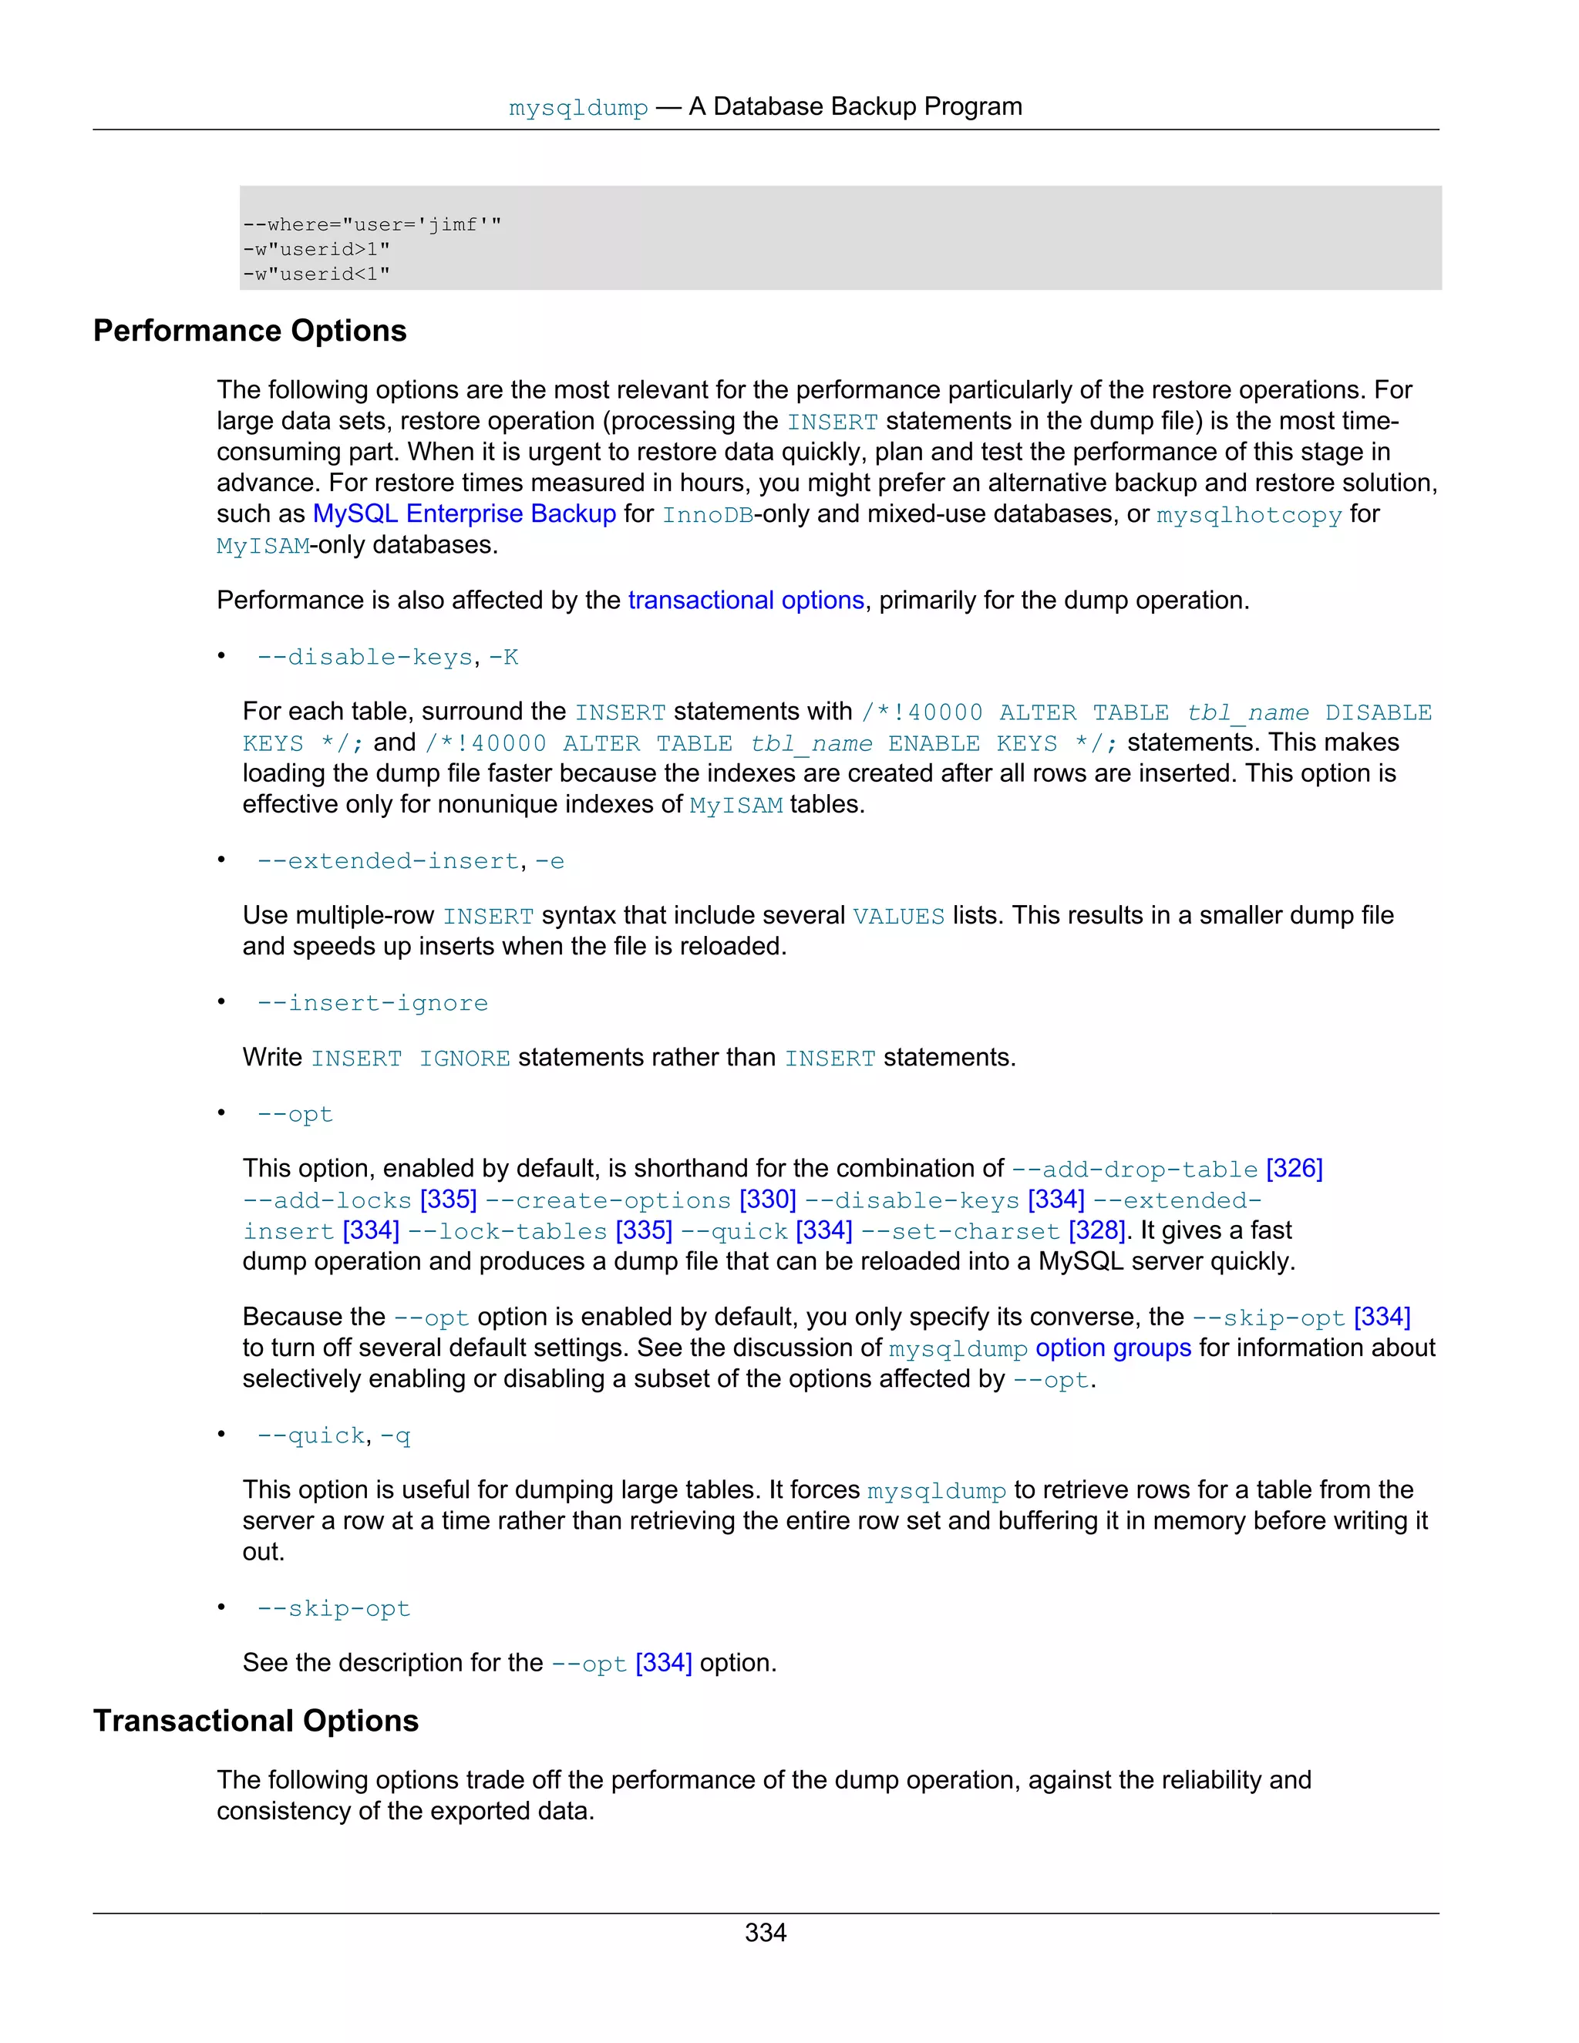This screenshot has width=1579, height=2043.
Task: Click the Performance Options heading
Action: [250, 332]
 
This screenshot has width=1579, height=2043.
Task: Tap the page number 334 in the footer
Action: [765, 1933]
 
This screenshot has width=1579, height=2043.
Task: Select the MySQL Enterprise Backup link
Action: [464, 513]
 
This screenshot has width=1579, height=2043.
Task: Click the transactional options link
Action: [746, 600]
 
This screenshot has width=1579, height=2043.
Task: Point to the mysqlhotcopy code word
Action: [1249, 514]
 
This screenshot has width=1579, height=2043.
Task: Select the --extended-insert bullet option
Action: [389, 860]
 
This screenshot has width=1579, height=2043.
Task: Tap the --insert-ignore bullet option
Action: [372, 1003]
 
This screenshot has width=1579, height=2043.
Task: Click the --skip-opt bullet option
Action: [334, 1608]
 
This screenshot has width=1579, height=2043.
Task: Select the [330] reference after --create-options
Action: [767, 1200]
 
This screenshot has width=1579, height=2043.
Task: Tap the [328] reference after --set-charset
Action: [1096, 1230]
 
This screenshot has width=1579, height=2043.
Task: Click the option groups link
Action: [1113, 1348]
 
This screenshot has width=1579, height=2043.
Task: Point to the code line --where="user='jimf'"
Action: [372, 224]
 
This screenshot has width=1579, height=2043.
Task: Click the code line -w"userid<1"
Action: [316, 274]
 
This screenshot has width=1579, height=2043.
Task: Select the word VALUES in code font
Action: [898, 916]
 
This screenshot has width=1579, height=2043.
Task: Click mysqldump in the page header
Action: [578, 109]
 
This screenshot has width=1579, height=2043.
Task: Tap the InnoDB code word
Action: [707, 514]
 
